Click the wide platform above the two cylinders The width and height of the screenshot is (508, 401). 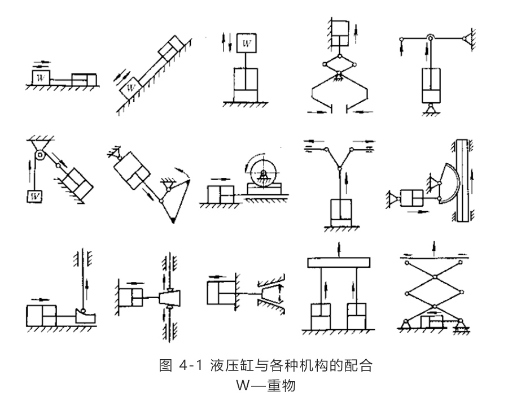338,263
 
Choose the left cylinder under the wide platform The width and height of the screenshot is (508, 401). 320,316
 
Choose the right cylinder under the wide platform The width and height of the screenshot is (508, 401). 356,316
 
